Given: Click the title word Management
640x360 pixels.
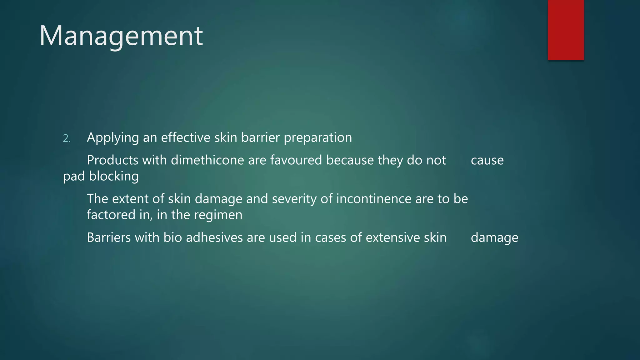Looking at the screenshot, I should [x=121, y=36].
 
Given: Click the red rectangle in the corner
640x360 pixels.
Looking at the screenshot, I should [x=566, y=30].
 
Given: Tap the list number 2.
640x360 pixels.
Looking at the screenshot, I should [x=67, y=138].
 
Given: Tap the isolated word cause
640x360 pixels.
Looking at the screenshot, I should [x=487, y=160].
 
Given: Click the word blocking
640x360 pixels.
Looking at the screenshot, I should [x=114, y=176].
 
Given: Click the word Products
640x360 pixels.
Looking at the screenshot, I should [x=112, y=160].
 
